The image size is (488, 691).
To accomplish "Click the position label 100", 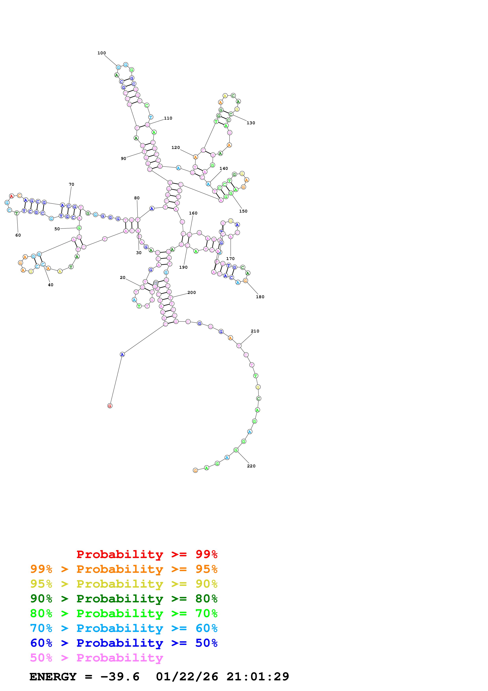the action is pos(102,53).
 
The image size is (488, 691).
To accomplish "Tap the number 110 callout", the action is pos(168,118).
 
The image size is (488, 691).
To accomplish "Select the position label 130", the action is pos(251,123).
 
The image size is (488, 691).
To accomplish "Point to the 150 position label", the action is pos(243,211).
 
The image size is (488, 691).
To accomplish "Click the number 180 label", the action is pos(260,297).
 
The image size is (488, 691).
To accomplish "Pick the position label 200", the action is pos(192,293).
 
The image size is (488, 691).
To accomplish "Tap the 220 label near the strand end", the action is pos(251,466).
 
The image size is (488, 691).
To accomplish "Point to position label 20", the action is pos(123,278).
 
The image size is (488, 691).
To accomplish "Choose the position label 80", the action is pos(137,198).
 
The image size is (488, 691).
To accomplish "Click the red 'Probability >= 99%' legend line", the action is pos(147,554).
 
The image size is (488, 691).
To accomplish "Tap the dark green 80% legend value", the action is pos(206,599).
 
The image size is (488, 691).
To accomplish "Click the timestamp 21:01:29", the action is pos(258,677).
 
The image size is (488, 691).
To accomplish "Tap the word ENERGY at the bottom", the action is pos(53,677).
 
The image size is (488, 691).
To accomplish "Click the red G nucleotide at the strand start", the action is pos(110,406).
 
